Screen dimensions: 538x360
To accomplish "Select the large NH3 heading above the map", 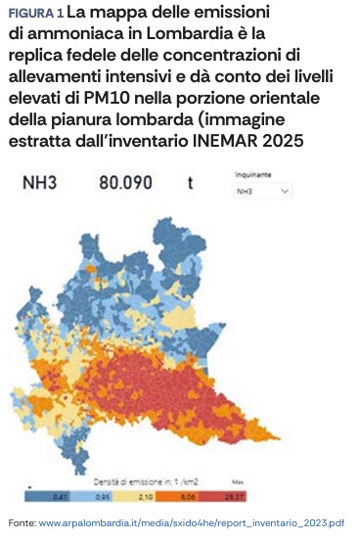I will point(39,181).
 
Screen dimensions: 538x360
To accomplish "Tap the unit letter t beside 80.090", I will point(190,181).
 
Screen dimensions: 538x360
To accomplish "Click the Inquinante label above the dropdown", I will point(252,174).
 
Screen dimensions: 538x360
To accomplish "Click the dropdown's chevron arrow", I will point(285,192).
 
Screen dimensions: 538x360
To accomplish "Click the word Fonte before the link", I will point(21,523).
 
